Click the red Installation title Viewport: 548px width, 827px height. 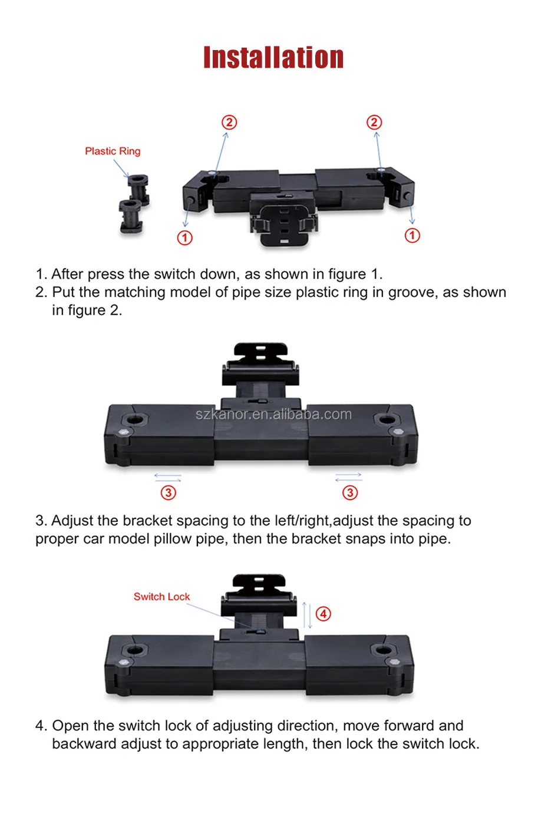(x=273, y=58)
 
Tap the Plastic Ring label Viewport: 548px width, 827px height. (x=113, y=151)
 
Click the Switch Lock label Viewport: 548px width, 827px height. (x=161, y=597)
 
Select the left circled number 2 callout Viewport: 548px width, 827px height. (x=229, y=122)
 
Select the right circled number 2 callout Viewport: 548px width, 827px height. (x=374, y=122)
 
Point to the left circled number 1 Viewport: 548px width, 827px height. (x=184, y=238)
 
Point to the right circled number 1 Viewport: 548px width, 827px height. (x=412, y=236)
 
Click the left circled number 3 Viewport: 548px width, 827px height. (x=169, y=492)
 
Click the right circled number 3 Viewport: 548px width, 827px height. (x=350, y=492)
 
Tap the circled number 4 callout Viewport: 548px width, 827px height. (x=323, y=614)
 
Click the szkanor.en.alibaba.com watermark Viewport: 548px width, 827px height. (x=273, y=415)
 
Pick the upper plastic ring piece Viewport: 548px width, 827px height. (x=139, y=190)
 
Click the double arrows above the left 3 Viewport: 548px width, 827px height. (x=168, y=478)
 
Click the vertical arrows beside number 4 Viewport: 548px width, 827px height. (x=307, y=615)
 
